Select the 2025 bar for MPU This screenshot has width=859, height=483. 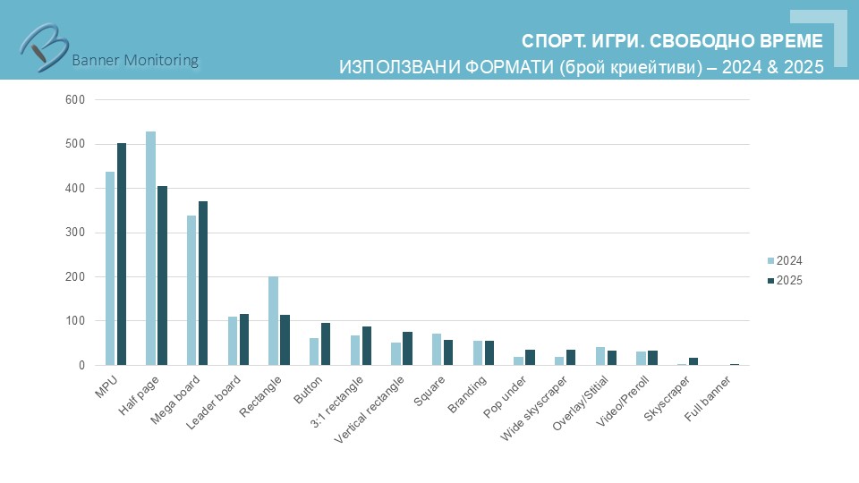tap(122, 254)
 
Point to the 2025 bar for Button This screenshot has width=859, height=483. tap(326, 343)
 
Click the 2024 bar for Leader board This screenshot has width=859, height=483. tap(233, 341)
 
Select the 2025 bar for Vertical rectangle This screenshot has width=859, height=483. tap(407, 348)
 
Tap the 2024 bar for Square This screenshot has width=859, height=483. tap(437, 349)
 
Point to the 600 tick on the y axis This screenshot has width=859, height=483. tap(75, 99)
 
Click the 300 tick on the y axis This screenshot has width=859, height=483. tap(75, 233)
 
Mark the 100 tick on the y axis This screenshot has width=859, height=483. tap(75, 321)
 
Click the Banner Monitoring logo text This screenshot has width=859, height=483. tap(134, 60)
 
